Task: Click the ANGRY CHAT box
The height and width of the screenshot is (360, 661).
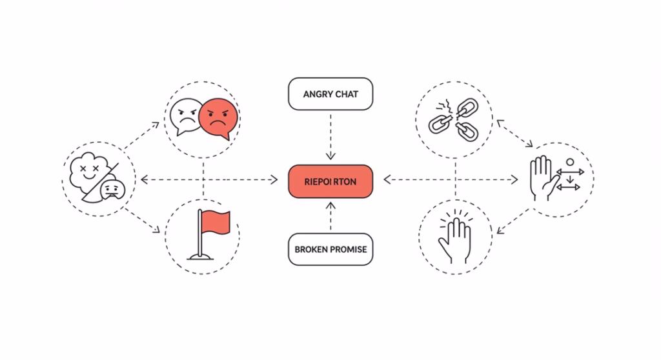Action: pyautogui.click(x=330, y=95)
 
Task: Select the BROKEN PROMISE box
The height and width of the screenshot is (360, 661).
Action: pyautogui.click(x=330, y=249)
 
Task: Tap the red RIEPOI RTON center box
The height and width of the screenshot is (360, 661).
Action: pyautogui.click(x=330, y=181)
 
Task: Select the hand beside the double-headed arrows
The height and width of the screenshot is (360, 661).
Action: pyautogui.click(x=541, y=177)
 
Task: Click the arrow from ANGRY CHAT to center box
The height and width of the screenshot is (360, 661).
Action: pyautogui.click(x=330, y=139)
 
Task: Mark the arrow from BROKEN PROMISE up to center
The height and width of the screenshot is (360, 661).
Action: pyautogui.click(x=330, y=216)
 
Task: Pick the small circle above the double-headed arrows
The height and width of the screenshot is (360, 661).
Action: pyautogui.click(x=569, y=162)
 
